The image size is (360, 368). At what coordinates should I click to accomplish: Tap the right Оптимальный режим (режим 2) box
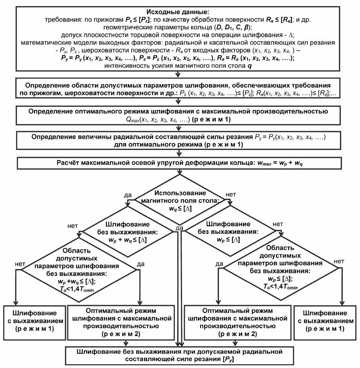235,322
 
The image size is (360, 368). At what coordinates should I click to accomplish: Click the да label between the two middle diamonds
179,228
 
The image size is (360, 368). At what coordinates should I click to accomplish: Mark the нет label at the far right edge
339,260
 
